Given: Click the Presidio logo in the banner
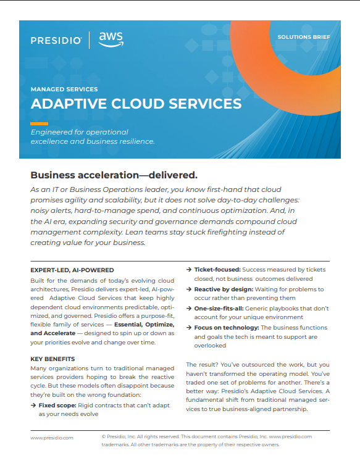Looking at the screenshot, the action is pyautogui.click(x=56, y=40).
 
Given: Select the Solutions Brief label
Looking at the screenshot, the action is pyautogui.click(x=303, y=37).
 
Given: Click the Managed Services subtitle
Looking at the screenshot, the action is pyautogui.click(x=64, y=89).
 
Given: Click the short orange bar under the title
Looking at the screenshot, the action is pyautogui.click(x=40, y=123).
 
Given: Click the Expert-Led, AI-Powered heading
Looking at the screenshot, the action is pyautogui.click(x=72, y=270).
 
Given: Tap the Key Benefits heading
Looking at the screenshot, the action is pyautogui.click(x=53, y=359).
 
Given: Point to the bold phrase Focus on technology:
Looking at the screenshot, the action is pyautogui.click(x=225, y=327).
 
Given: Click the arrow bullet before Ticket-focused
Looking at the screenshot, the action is pyautogui.click(x=189, y=270).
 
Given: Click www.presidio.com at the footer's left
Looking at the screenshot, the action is pyautogui.click(x=52, y=437).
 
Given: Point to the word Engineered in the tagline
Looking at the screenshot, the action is pyautogui.click(x=51, y=132).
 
